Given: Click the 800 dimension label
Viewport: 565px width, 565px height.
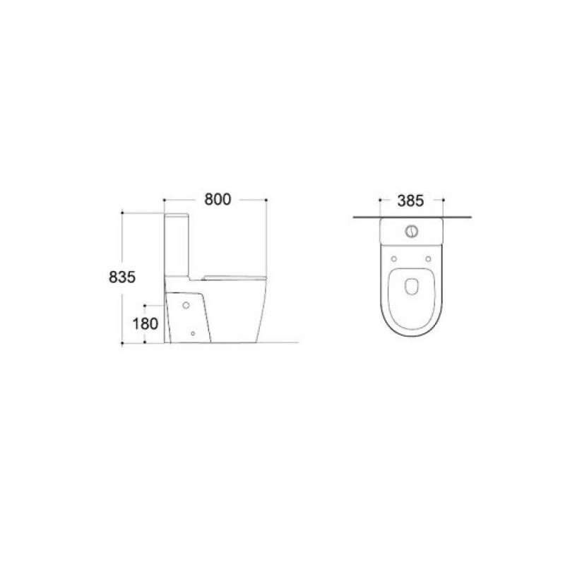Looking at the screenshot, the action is (x=218, y=199).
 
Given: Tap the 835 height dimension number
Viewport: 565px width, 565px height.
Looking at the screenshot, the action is (x=122, y=277).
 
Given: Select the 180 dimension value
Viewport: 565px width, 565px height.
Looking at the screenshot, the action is (x=145, y=323).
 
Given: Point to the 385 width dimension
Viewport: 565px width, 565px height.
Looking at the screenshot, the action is (x=411, y=201).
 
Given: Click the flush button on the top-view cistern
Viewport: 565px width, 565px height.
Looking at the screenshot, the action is (x=412, y=231).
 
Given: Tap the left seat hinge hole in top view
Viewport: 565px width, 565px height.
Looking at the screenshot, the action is (x=394, y=258).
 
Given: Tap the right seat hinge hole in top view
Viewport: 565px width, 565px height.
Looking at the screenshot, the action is (x=429, y=258).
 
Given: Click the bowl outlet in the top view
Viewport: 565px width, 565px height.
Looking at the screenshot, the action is (x=412, y=287).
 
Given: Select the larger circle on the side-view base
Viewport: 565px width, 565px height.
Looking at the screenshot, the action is (x=186, y=305).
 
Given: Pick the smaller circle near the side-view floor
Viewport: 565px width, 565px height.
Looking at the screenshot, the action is (x=193, y=333).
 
